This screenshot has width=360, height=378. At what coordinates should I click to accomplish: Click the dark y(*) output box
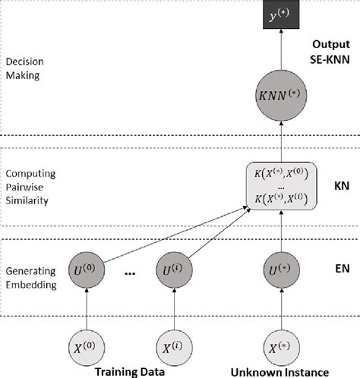(x=278, y=14)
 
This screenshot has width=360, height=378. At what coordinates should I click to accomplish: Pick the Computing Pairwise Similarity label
(x=28, y=188)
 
